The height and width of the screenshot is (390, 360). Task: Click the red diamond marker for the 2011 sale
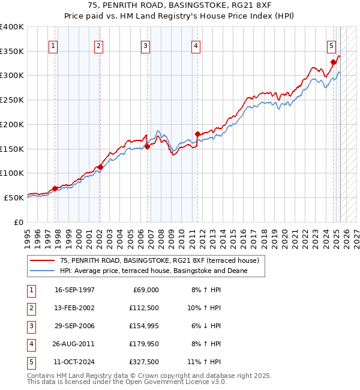(197, 134)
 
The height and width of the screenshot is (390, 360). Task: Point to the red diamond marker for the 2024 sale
(333, 61)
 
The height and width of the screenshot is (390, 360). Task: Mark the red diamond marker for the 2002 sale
(100, 167)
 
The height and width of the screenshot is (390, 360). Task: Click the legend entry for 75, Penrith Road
(159, 261)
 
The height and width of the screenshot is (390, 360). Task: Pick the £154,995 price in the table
(144, 326)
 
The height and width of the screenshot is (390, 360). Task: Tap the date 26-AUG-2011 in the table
(74, 344)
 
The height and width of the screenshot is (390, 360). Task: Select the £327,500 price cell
(144, 362)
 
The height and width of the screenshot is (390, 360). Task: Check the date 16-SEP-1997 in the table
(74, 290)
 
